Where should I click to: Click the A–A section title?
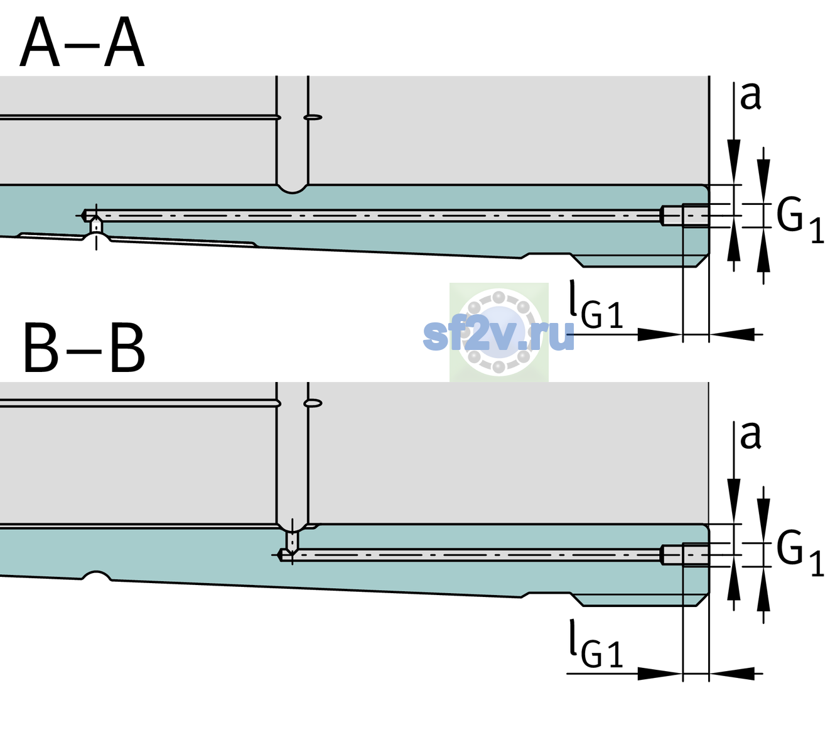coord(82,43)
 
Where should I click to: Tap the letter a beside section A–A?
coord(750,96)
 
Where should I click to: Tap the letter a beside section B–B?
coord(750,435)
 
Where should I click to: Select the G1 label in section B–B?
coord(800,554)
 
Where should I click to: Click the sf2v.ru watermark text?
coord(498,335)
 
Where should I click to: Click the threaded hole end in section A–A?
coord(685,216)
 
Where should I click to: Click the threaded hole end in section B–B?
coord(685,555)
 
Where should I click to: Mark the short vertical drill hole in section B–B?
coord(293,541)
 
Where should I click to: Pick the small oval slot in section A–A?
coord(313,117)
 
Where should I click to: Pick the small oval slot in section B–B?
coord(313,403)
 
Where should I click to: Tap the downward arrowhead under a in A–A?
coord(734,160)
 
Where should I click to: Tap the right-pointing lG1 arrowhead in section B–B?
coord(660,674)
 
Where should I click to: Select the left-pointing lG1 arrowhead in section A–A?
coord(732,334)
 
